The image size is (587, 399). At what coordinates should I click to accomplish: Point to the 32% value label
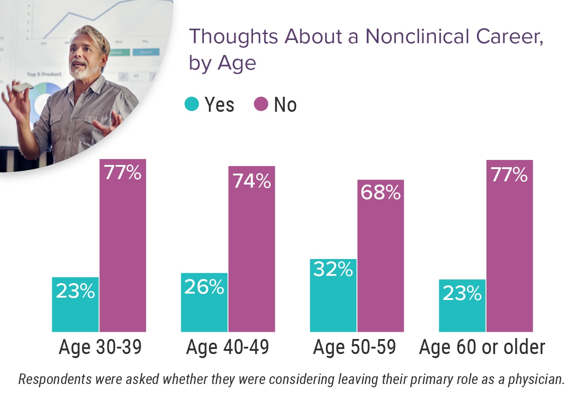click(x=333, y=269)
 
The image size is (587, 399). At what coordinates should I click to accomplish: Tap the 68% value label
click(x=381, y=193)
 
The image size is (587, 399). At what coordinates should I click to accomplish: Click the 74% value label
click(x=252, y=181)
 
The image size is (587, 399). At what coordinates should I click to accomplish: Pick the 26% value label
click(x=204, y=287)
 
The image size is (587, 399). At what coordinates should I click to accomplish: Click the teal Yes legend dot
click(x=192, y=105)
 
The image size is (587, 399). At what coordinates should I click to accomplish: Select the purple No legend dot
click(x=261, y=105)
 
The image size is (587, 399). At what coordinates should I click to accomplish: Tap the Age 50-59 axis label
click(x=354, y=347)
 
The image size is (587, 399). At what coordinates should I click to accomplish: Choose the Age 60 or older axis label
click(x=482, y=347)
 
